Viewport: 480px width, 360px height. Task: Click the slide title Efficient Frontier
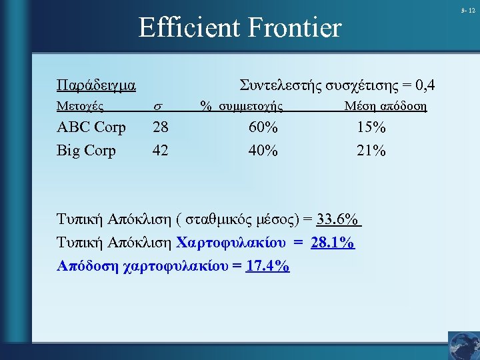239,28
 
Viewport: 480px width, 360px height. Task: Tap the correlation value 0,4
424,85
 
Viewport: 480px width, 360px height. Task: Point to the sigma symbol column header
158,107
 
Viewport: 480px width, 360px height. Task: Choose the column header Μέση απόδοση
385,106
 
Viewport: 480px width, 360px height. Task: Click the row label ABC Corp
91,127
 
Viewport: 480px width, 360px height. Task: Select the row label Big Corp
86,151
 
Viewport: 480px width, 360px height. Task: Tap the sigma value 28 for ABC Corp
160,127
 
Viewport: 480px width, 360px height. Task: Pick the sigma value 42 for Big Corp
160,151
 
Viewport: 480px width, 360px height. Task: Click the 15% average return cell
371,127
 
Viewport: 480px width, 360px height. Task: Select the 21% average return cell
371,151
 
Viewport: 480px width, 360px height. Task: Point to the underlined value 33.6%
338,221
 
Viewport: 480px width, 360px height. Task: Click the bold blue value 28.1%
333,243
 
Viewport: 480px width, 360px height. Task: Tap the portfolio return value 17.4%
267,266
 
